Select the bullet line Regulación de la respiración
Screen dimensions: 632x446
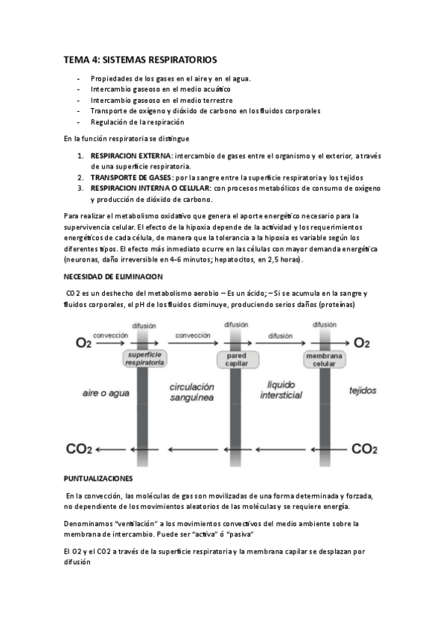coord(137,122)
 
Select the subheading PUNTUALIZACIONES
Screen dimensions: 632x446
coord(98,477)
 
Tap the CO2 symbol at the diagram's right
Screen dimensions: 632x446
coord(364,449)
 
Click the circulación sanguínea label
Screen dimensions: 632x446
coord(191,392)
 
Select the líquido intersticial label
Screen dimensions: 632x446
coord(281,390)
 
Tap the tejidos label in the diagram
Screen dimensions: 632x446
coord(363,390)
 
